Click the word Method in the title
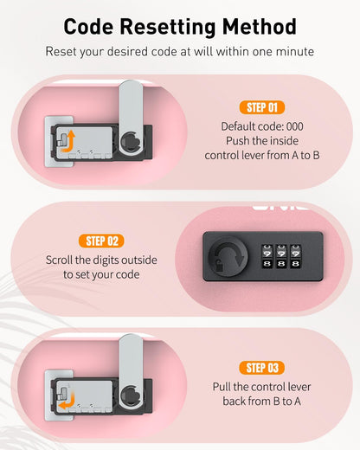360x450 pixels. [259, 27]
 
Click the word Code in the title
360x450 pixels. [88, 27]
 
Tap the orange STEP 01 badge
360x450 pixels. [262, 107]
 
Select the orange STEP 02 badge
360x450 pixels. [101, 241]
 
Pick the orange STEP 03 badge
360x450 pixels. [262, 368]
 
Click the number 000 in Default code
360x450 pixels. [295, 126]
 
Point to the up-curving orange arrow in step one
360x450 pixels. [69, 142]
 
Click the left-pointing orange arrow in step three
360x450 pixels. [67, 401]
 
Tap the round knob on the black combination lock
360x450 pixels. [228, 256]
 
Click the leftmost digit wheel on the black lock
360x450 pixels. [267, 257]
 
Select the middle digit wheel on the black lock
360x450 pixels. [281, 257]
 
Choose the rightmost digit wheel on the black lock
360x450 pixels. [296, 257]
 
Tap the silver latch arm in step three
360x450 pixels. [131, 371]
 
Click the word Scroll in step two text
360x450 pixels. [59, 260]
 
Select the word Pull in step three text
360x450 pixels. [222, 387]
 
